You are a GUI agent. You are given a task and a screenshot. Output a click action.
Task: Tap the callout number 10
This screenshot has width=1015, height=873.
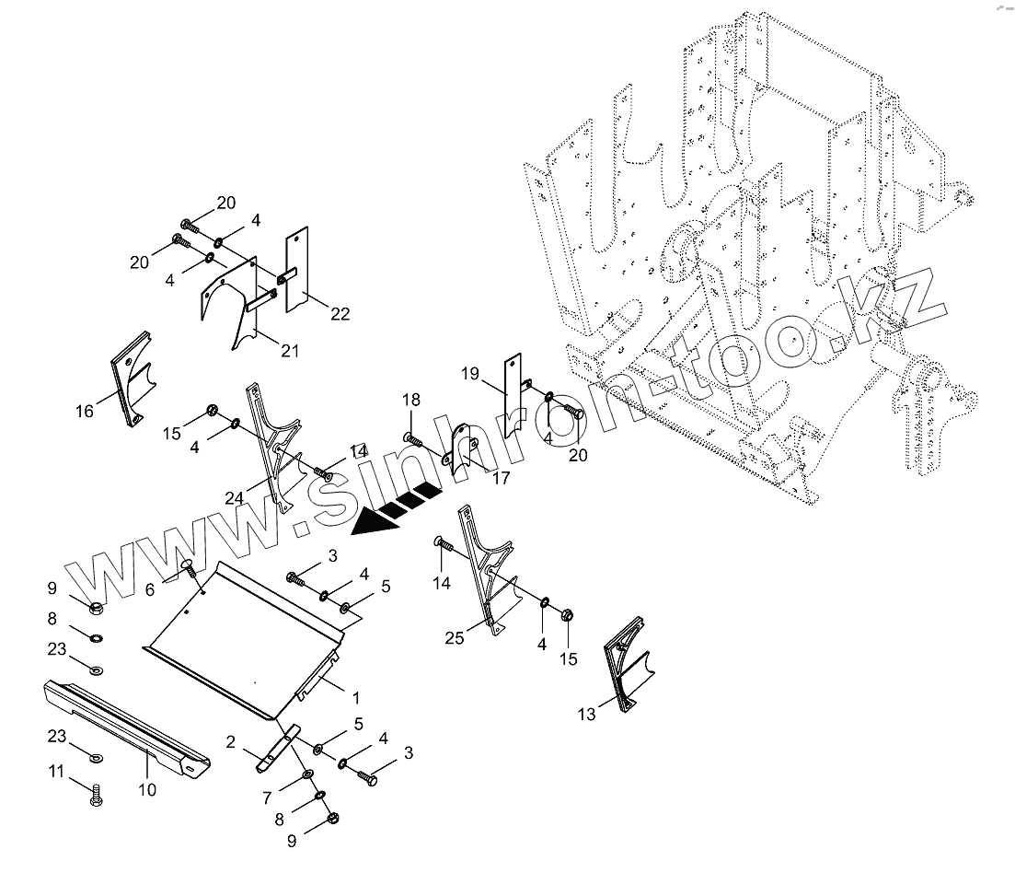147,789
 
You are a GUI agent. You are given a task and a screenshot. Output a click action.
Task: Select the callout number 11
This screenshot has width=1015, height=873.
57,771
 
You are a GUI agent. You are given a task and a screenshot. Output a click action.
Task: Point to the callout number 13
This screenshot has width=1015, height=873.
586,713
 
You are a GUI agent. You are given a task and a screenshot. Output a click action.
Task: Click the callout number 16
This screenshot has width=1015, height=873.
84,411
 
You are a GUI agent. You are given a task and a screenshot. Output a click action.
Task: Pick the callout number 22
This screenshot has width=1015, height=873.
340,314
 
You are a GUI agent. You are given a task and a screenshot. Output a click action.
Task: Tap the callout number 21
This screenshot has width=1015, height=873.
291,350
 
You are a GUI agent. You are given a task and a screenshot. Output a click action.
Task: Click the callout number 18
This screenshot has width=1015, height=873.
410,399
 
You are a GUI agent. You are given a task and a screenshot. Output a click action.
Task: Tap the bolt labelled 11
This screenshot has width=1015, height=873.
96,795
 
